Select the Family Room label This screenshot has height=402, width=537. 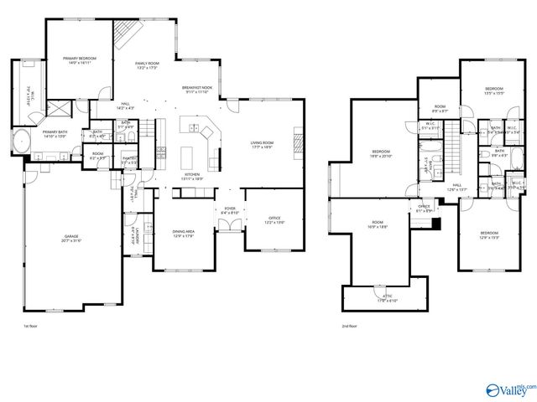(148, 65)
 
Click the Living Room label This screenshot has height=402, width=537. (263, 145)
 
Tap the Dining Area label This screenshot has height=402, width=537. (183, 234)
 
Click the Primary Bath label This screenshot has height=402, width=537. (55, 133)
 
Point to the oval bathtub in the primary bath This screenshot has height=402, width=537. (21, 142)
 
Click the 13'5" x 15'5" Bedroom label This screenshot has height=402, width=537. (493, 90)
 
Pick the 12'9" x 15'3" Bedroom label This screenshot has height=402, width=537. (489, 234)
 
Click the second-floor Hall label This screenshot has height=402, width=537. (457, 188)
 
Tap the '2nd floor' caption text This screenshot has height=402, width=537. (350, 326)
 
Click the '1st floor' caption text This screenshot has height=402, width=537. (30, 326)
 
